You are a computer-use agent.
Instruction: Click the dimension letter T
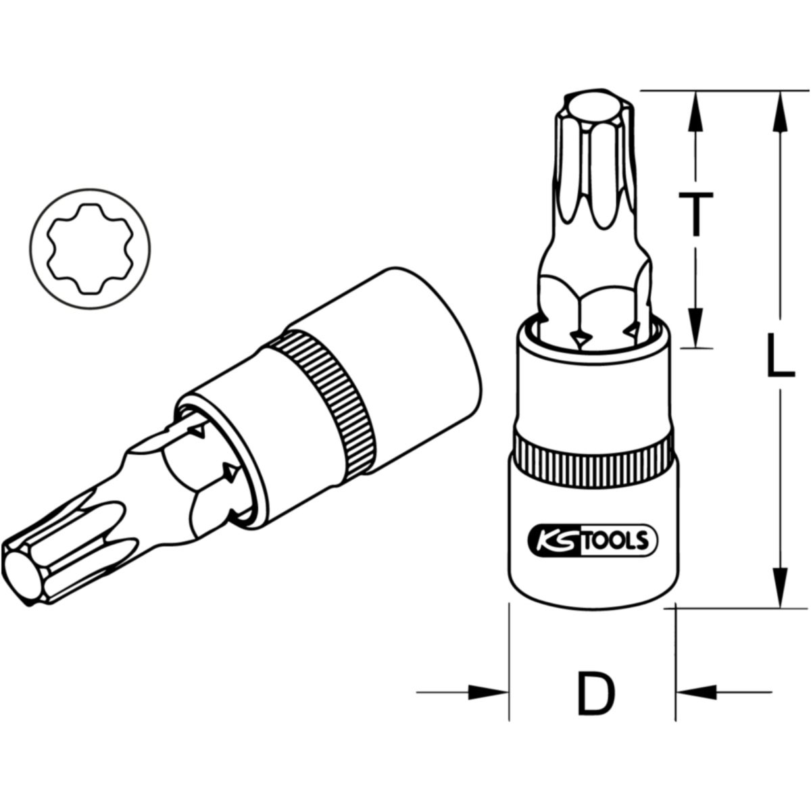click(695, 214)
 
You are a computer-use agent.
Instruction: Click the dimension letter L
click(780, 354)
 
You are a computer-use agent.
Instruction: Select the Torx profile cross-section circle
click(90, 249)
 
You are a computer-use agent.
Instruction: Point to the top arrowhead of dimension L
click(780, 111)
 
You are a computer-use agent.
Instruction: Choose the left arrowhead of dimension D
click(487, 692)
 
